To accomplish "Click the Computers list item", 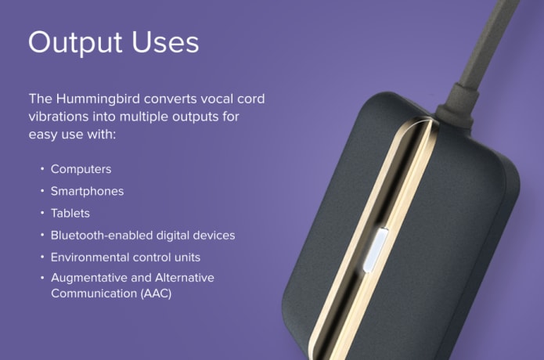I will pyautogui.click(x=81, y=169).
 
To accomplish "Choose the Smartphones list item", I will pyautogui.click(x=87, y=191).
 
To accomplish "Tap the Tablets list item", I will pyautogui.click(x=70, y=213).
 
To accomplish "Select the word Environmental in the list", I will pyautogui.click(x=90, y=257).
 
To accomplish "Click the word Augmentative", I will pyautogui.click(x=89, y=278).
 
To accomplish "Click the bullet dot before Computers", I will pyautogui.click(x=40, y=169).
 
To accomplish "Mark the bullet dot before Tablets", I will pyautogui.click(x=40, y=213).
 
